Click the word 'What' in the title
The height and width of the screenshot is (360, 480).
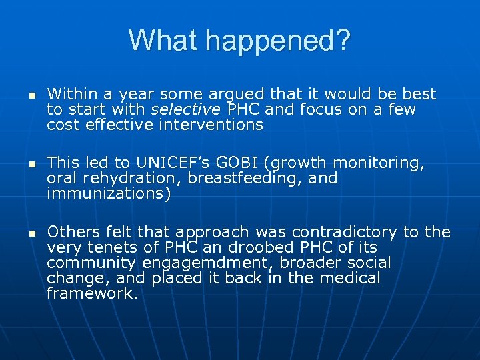tap(164, 41)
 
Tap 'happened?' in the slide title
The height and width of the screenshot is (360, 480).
tap(277, 42)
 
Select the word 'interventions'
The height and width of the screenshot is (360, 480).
tap(212, 125)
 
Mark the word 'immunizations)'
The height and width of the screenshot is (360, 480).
tap(109, 194)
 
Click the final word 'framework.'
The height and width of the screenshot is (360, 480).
tap(92, 294)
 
